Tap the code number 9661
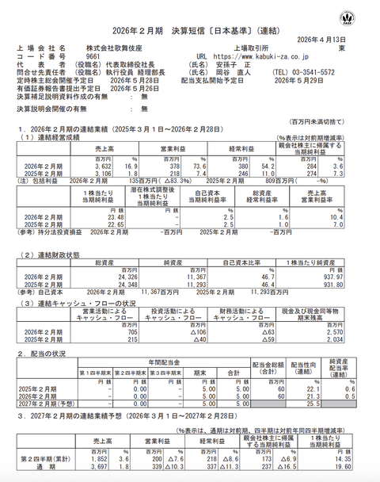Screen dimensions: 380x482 pyautogui.click(x=91, y=56)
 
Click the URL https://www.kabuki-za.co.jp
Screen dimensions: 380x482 pyautogui.click(x=254, y=56)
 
